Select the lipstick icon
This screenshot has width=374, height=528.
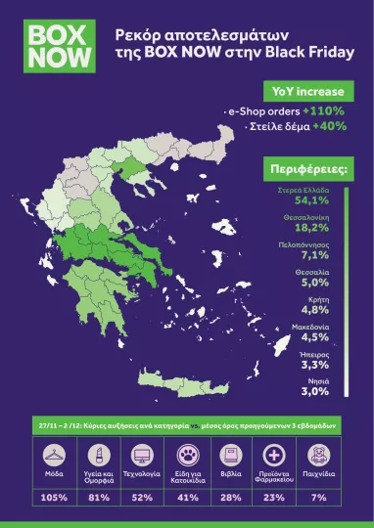98,455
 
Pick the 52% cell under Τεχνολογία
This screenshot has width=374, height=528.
142,498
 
